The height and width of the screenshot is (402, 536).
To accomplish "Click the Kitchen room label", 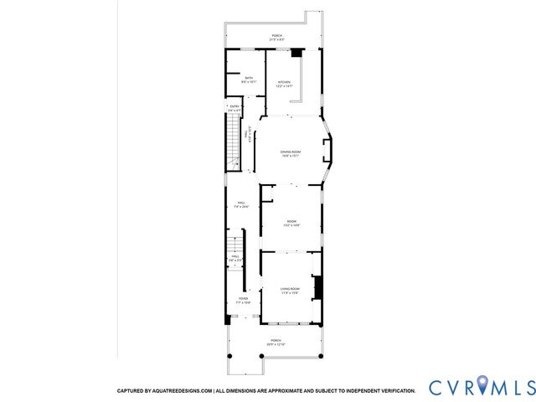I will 285,84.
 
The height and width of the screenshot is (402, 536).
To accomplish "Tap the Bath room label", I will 249,80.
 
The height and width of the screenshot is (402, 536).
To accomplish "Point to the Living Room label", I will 290,290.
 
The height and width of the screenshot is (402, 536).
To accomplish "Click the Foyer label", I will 243,300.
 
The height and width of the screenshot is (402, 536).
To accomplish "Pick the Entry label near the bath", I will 234,108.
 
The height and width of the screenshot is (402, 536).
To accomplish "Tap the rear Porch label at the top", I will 276,37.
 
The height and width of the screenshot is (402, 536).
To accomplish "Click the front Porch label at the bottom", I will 276,343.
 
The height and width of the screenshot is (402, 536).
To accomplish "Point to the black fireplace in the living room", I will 317,288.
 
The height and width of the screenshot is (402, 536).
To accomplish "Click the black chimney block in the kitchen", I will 295,53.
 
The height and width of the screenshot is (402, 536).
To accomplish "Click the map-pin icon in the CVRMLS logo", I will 484,387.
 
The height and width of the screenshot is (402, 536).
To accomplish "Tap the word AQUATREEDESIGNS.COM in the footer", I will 184,391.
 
